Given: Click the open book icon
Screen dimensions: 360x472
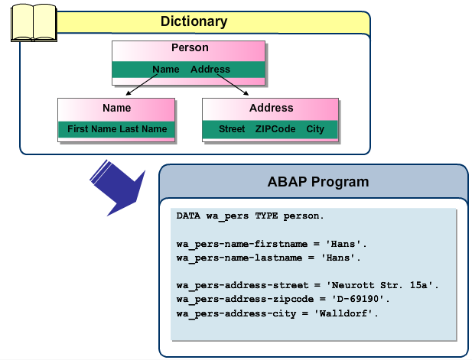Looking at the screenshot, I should [33, 24].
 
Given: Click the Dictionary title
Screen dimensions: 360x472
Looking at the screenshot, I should [194, 21].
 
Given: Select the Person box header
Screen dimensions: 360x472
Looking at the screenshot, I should [190, 48].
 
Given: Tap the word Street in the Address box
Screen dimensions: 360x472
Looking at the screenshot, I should [232, 129].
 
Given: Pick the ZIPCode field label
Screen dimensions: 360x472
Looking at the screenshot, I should [275, 129].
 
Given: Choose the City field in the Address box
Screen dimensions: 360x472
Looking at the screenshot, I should [315, 129].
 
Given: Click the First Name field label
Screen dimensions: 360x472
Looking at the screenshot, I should [92, 129].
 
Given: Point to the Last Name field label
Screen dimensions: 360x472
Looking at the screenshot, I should [143, 129].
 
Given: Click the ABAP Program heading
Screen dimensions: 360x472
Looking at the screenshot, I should [318, 182].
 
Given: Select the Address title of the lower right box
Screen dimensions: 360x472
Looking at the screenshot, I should [271, 108].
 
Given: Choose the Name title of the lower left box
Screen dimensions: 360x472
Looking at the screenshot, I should [117, 108].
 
